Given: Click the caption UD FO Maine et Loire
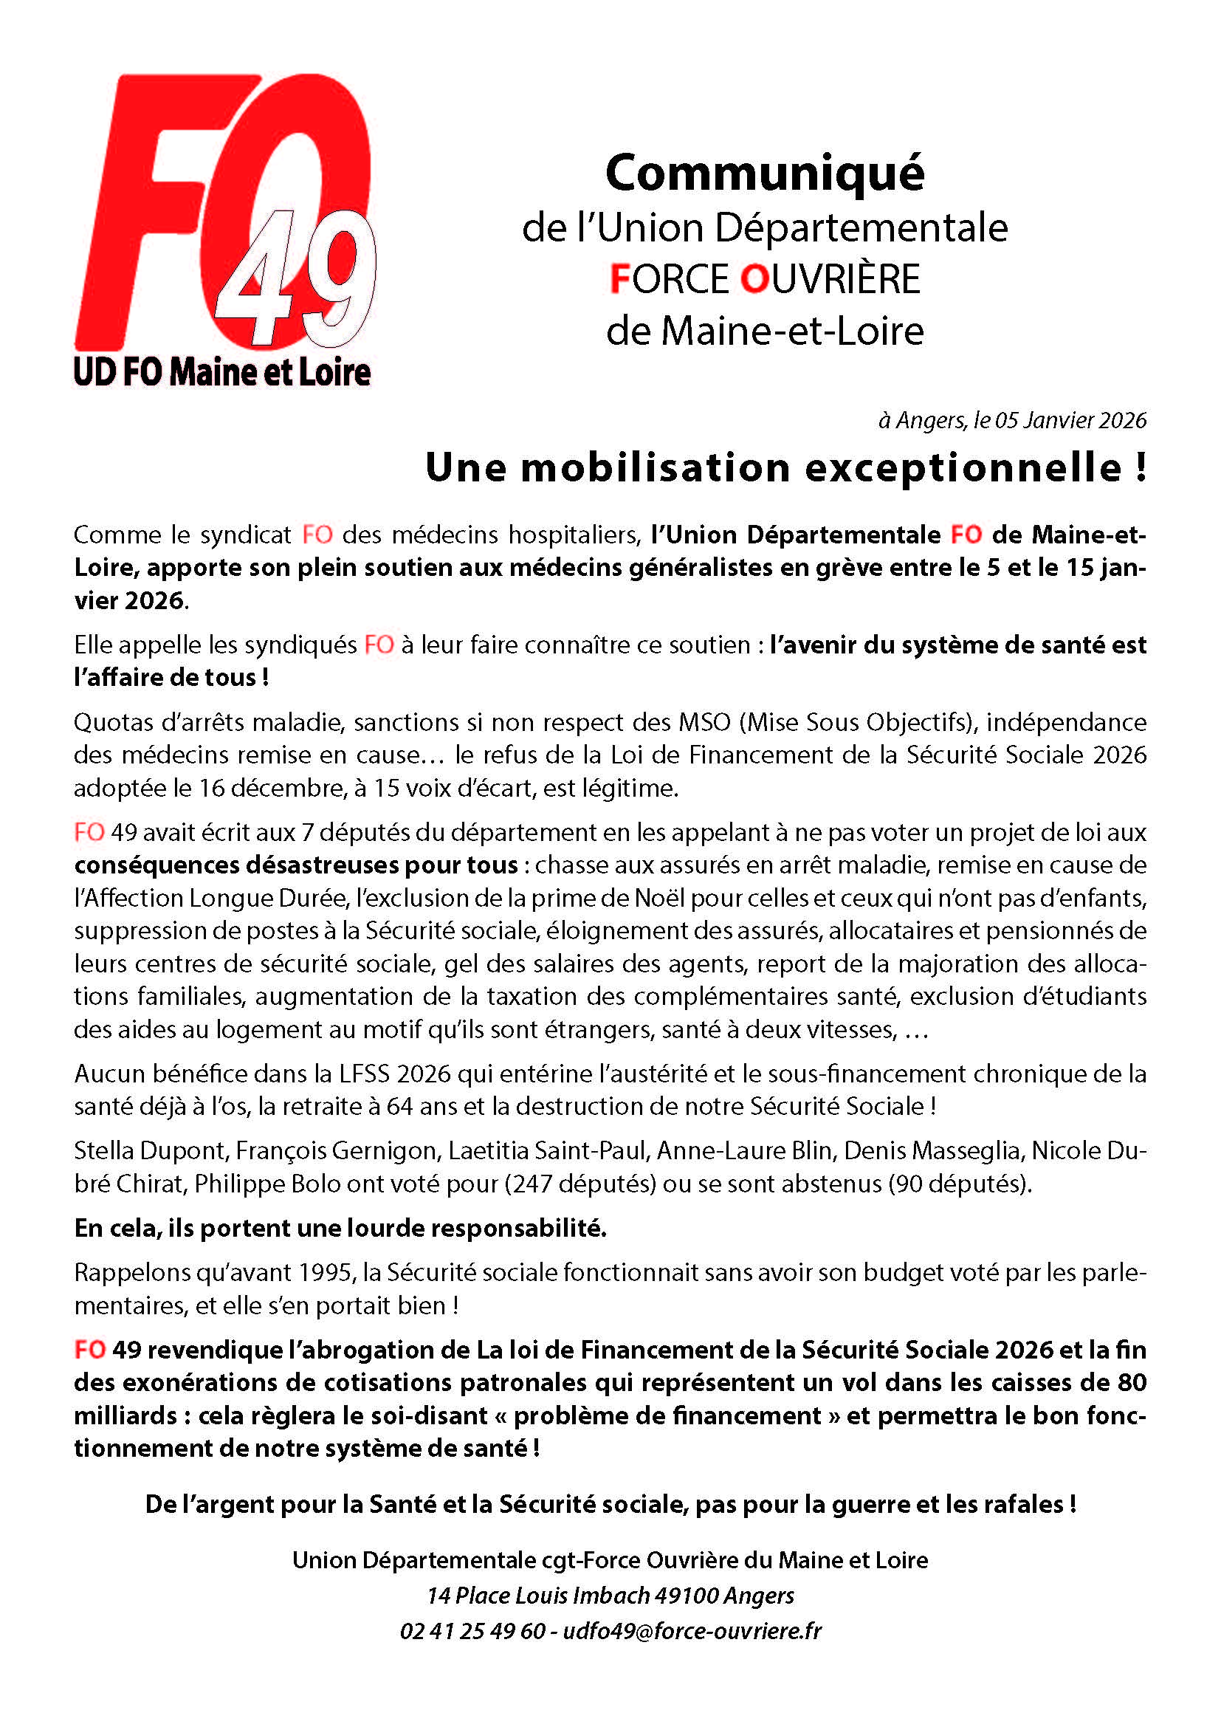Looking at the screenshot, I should tap(221, 372).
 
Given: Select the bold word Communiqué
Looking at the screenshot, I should tap(765, 174).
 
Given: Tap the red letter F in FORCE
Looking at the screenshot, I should tap(619, 279).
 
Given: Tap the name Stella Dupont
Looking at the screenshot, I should tap(150, 1150).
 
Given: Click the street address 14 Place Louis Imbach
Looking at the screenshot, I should tap(538, 1596).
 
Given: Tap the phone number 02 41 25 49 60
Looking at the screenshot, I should tap(472, 1631).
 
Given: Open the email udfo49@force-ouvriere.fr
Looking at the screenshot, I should tap(692, 1631).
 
